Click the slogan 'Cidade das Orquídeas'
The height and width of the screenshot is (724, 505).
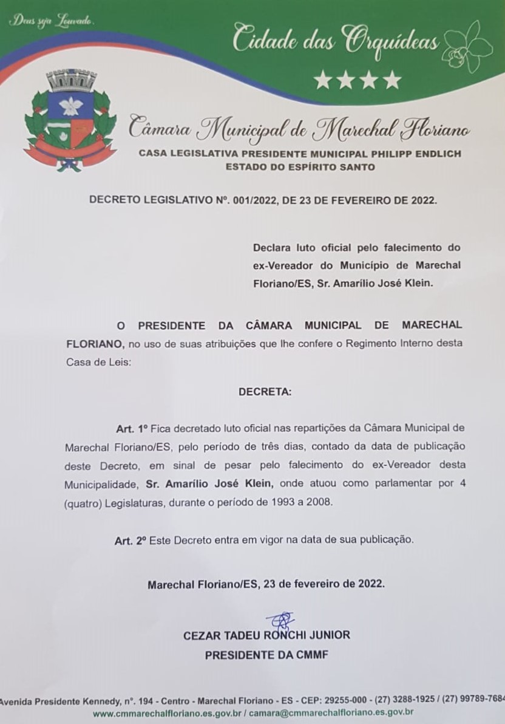tap(336, 40)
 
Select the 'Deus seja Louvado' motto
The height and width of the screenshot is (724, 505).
tap(51, 21)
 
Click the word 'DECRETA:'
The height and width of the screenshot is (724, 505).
tap(265, 392)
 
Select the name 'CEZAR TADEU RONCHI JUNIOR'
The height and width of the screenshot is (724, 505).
tap(266, 635)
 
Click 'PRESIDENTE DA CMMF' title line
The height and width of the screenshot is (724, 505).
tap(266, 655)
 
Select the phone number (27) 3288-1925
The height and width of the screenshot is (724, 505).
tap(407, 699)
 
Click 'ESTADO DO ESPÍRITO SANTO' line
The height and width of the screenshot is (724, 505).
tap(300, 166)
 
